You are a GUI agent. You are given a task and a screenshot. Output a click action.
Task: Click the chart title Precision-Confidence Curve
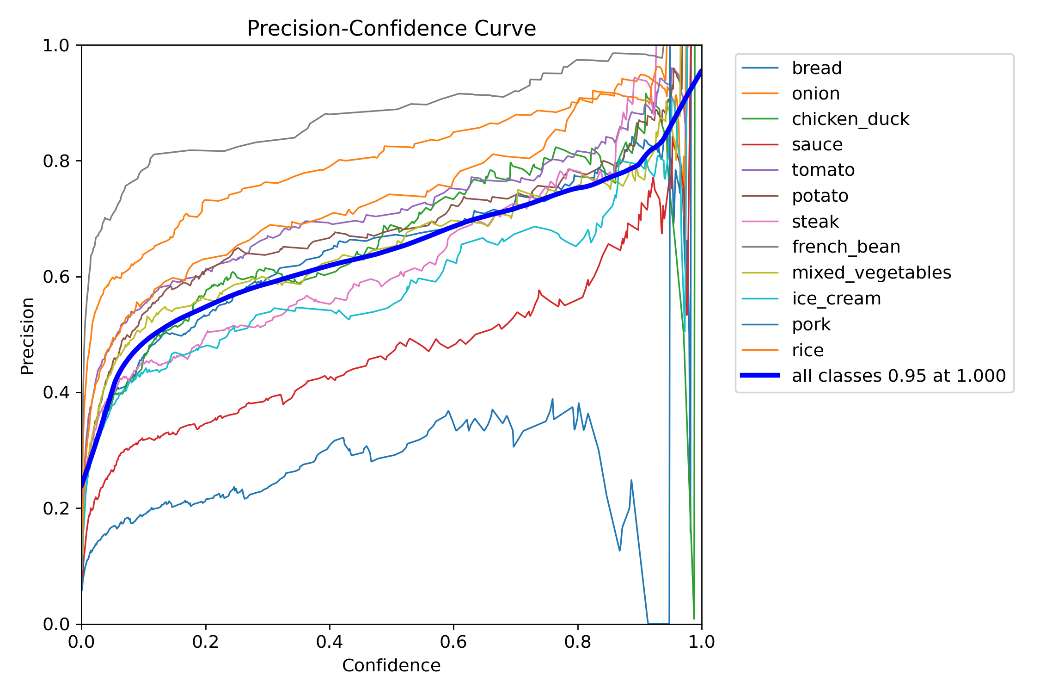click(391, 29)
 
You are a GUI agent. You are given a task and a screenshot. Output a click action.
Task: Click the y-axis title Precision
click(28, 336)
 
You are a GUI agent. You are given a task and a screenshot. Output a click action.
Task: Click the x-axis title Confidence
click(391, 665)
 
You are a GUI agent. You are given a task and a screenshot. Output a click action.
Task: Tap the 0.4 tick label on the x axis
click(330, 642)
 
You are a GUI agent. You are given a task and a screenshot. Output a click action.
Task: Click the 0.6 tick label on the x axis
click(453, 642)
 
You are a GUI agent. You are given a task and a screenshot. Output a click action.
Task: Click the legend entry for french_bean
click(846, 247)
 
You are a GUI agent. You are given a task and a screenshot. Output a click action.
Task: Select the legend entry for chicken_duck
click(850, 119)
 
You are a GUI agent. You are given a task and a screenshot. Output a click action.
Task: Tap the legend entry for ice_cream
click(836, 298)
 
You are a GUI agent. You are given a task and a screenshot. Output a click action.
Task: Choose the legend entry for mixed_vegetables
click(871, 273)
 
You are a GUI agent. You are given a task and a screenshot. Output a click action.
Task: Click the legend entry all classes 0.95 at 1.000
click(899, 376)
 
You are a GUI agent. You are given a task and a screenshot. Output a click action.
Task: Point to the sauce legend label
click(817, 144)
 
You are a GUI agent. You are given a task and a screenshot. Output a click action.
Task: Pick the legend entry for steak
click(815, 222)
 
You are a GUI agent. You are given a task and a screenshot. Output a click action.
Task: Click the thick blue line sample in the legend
click(760, 376)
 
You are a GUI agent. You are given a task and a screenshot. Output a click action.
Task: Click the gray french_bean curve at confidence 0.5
click(392, 110)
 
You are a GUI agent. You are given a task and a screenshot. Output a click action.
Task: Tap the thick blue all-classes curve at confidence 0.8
click(578, 188)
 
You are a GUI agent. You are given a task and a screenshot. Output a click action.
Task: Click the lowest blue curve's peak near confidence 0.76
click(552, 399)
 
